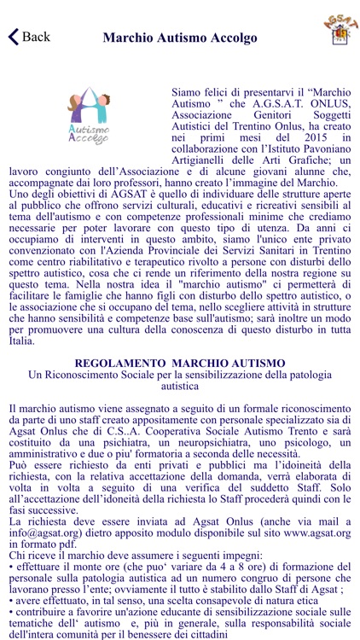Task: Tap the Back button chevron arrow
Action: point(13,37)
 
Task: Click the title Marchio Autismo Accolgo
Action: point(179,38)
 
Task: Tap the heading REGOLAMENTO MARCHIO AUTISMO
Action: point(179,363)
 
